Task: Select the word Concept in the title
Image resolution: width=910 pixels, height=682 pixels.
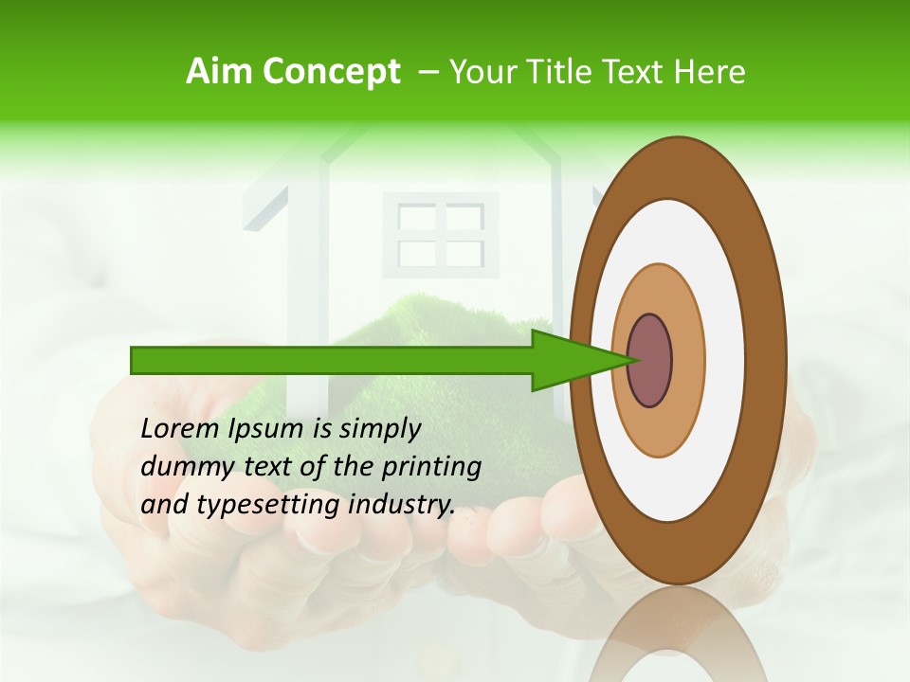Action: coord(331,72)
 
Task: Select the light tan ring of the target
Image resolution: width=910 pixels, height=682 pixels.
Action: coord(687,360)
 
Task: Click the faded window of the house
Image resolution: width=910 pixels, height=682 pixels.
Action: coord(440,235)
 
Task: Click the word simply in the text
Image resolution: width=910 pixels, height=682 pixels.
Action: coord(379,428)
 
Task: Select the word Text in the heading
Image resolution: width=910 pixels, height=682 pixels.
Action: coord(641,71)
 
